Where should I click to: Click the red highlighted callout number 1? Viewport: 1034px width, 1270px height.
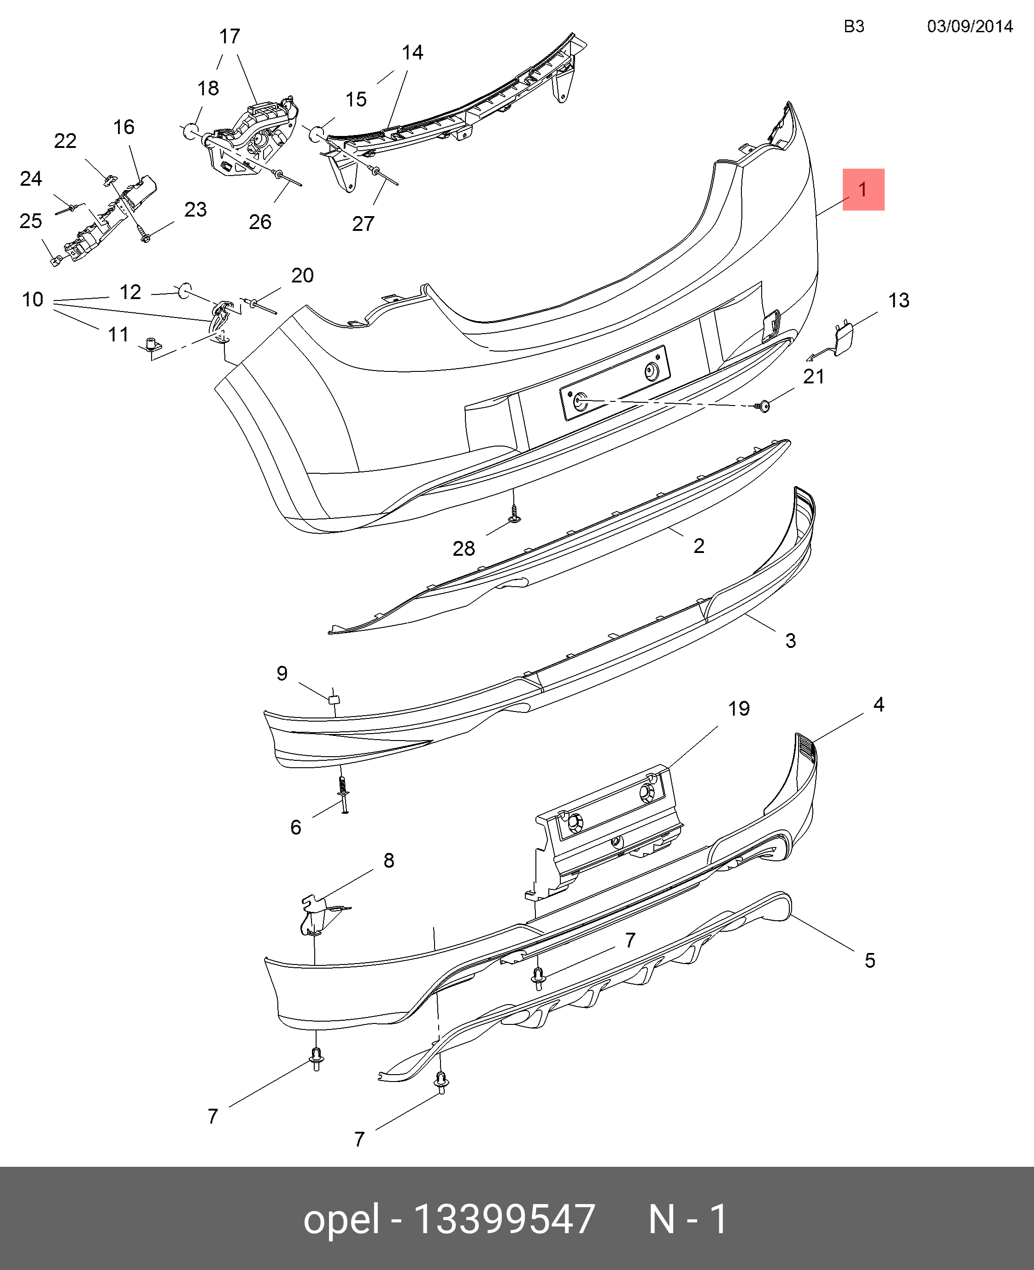coord(863,189)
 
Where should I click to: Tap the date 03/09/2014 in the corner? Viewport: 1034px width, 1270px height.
coord(969,26)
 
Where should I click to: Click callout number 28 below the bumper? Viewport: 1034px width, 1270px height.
coord(464,548)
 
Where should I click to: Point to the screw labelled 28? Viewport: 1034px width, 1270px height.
coord(515,513)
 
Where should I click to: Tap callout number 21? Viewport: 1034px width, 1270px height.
coord(814,376)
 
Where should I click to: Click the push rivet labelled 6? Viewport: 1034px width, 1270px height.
coord(344,794)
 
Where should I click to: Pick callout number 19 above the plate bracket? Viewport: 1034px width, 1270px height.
coord(739,708)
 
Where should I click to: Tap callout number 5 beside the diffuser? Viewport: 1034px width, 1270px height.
coord(869,960)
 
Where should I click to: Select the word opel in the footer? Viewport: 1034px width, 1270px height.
coord(341,1219)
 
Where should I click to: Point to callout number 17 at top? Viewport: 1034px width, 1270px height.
coord(229,36)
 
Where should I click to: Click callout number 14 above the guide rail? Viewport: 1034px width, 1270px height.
coord(412,53)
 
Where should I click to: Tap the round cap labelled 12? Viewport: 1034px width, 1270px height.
coord(185,291)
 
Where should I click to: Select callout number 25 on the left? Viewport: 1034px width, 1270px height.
coord(31,221)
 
